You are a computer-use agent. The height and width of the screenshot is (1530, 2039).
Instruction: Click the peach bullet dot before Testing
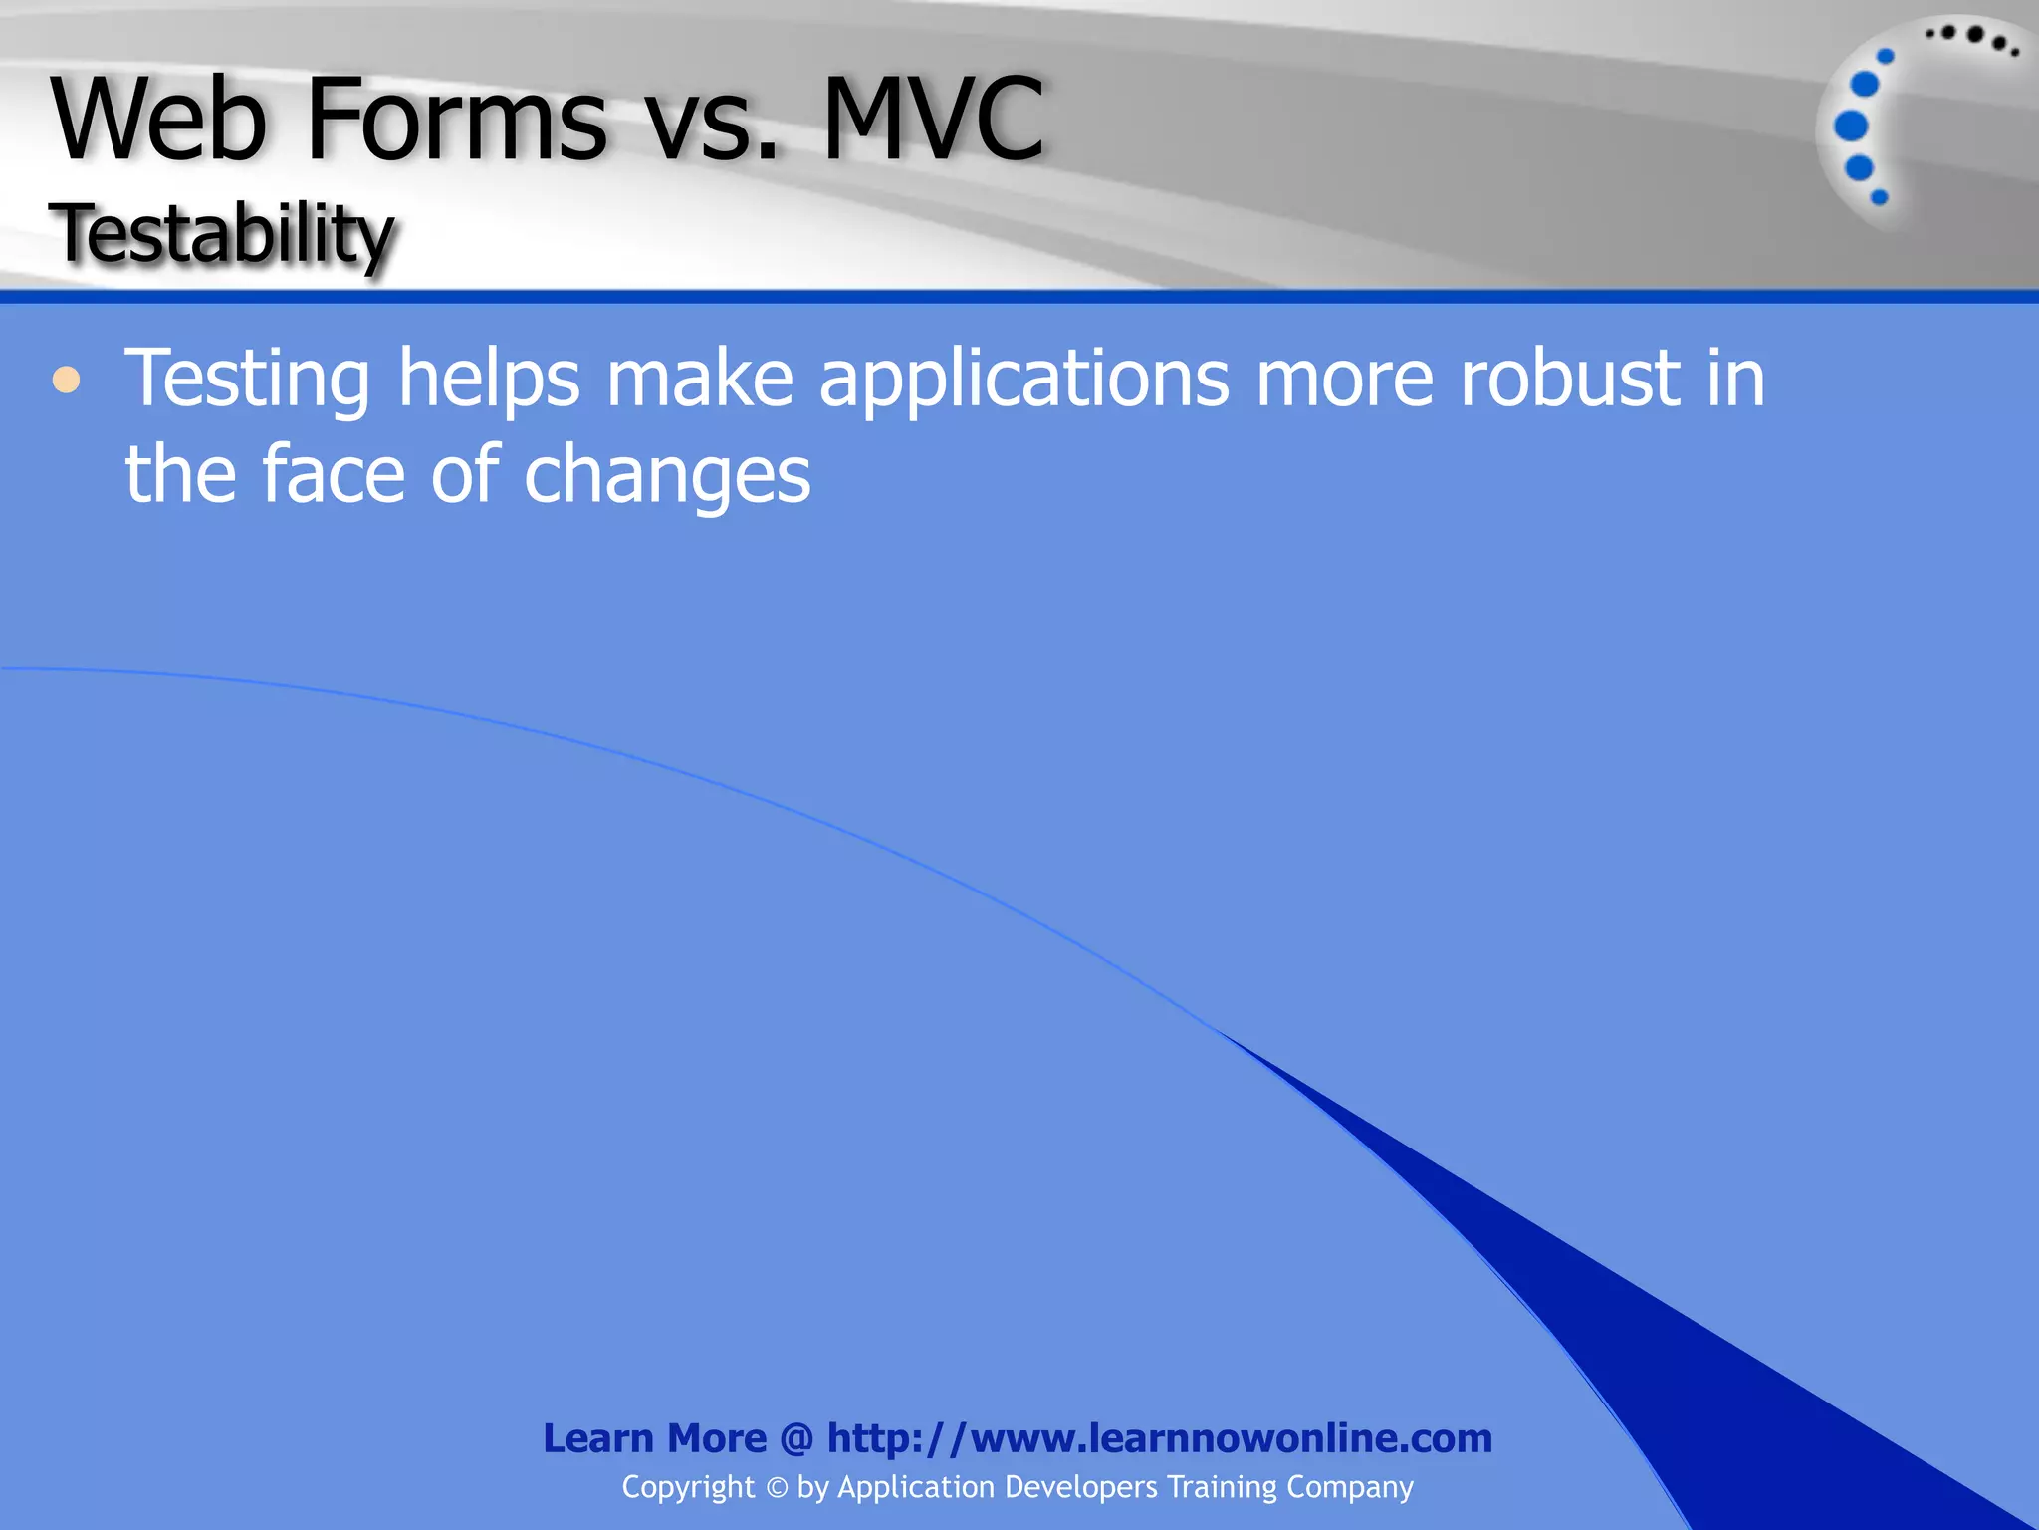(x=66, y=380)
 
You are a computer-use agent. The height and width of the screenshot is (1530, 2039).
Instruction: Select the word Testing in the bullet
(x=247, y=380)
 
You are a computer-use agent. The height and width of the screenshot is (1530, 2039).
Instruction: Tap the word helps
(x=489, y=380)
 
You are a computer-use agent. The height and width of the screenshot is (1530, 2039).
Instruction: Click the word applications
(x=1023, y=380)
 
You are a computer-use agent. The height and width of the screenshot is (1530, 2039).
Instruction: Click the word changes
(x=667, y=476)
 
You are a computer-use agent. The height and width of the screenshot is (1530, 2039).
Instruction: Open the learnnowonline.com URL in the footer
(x=1160, y=1438)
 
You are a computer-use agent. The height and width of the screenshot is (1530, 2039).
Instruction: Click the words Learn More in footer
(x=654, y=1438)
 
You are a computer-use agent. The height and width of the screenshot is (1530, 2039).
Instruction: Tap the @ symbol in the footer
(x=797, y=1438)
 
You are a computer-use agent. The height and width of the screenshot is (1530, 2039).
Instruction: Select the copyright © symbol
(x=777, y=1488)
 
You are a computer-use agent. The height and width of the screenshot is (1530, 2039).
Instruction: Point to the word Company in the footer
(x=1349, y=1487)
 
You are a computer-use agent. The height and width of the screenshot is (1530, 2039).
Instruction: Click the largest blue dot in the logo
(x=1851, y=127)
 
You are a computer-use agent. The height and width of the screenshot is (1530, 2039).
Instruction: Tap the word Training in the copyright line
(x=1222, y=1487)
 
